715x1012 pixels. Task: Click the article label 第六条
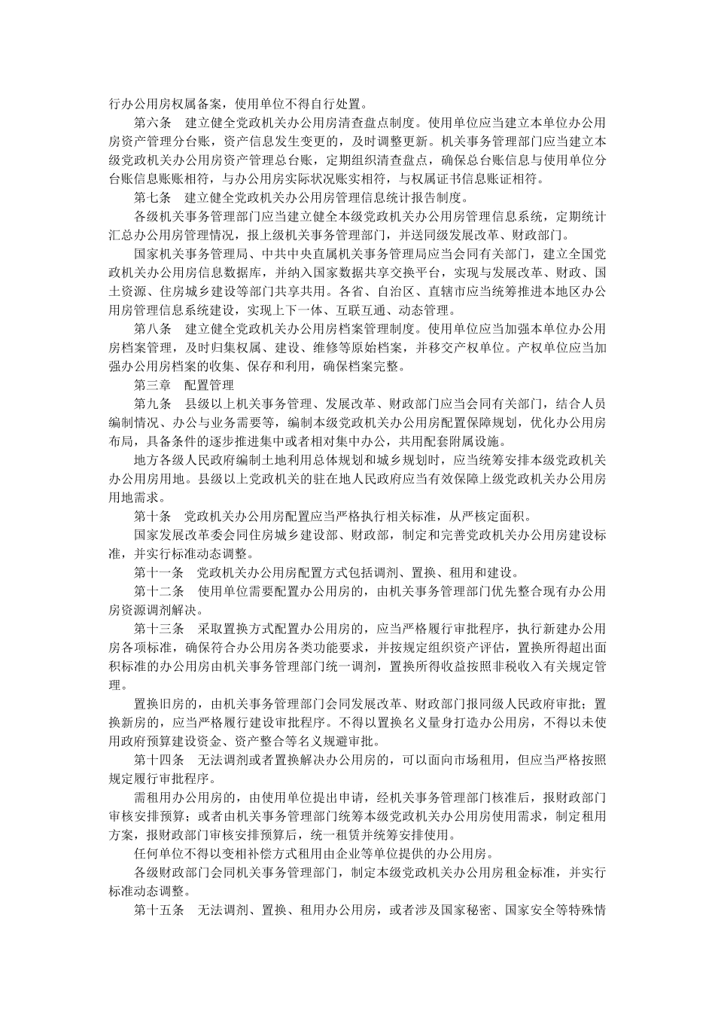153,122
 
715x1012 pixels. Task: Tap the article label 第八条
153,329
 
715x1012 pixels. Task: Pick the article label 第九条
153,404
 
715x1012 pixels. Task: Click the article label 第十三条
159,629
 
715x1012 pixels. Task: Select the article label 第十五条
159,910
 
